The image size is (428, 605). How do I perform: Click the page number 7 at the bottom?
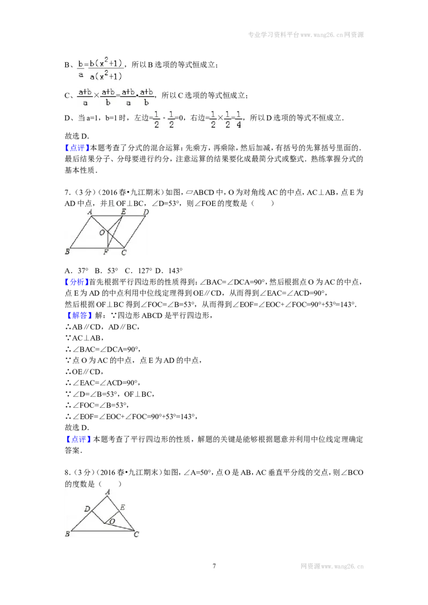(214, 566)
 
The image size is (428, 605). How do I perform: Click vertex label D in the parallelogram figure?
(146, 212)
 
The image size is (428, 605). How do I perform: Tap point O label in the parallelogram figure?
(102, 232)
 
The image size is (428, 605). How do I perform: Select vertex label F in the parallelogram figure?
(106, 252)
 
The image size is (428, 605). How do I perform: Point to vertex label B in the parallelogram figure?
(67, 252)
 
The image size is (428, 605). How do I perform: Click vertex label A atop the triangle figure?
(108, 492)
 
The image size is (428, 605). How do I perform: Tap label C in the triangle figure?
(136, 534)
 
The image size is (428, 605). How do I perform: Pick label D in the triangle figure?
(87, 509)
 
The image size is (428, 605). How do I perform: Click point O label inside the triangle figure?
(112, 521)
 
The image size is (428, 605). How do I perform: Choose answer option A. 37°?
(77, 270)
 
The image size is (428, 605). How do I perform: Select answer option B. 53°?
(106, 270)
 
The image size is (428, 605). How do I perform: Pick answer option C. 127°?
(138, 270)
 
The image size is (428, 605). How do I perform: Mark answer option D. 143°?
(169, 270)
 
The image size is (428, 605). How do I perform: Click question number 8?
(67, 472)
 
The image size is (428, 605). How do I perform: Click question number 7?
(67, 192)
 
